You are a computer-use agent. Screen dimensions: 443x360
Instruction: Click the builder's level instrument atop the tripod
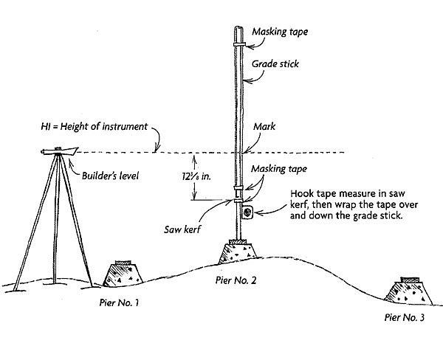point(59,151)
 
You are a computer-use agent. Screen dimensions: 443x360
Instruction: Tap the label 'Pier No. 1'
point(119,302)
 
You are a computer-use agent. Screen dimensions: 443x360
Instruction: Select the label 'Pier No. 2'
point(236,280)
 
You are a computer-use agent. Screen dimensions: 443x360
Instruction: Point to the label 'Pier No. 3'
point(405,317)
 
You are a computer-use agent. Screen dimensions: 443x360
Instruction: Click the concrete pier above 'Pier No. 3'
point(408,291)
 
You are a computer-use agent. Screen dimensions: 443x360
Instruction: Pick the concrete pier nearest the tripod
point(123,274)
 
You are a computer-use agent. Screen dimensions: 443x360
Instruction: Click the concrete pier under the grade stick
point(238,252)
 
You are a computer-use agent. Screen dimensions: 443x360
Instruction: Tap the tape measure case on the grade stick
point(247,212)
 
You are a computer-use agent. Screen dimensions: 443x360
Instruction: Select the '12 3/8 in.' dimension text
point(196,176)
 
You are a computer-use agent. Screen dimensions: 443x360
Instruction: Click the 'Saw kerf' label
point(182,229)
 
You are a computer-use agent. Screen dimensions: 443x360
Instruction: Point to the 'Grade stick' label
point(275,64)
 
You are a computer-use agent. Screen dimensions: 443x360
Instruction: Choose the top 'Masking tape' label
point(280,32)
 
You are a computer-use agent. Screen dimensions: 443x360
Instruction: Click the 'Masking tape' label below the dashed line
point(279,169)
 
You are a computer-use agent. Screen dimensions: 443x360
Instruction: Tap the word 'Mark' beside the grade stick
point(264,126)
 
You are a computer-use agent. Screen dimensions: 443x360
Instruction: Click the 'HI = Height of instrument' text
point(94,126)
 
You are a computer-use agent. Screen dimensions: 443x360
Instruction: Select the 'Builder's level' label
point(110,176)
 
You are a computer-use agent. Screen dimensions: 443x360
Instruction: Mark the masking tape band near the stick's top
point(239,44)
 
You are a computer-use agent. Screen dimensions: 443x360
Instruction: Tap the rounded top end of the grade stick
point(238,27)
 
